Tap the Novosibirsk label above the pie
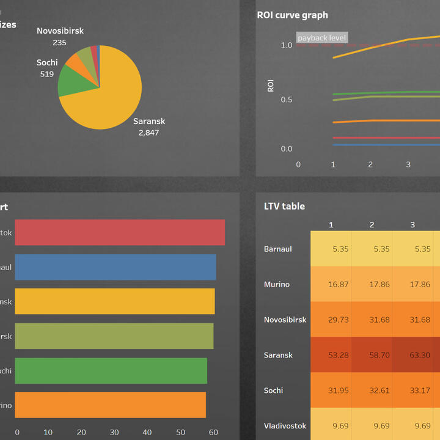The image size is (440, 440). pos(60,31)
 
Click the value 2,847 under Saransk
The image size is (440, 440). pos(148,132)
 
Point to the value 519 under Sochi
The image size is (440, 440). pos(47,74)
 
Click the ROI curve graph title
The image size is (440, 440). pos(292,15)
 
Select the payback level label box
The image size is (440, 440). pos(322,38)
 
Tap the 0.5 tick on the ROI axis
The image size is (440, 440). pos(286,100)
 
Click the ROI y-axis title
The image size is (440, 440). pos(271,86)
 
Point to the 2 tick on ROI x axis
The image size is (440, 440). pos(370,164)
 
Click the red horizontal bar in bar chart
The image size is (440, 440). pos(119,233)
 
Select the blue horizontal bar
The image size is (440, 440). pos(115,267)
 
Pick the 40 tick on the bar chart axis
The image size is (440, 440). pos(147,433)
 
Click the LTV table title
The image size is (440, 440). pos(284,207)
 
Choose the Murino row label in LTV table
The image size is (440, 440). pos(277,284)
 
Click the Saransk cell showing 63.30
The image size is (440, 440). pos(413,355)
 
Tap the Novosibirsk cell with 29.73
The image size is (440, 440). pos(331,320)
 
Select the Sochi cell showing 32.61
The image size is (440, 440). pos(372,391)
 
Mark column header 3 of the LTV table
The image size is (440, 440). pos(413,225)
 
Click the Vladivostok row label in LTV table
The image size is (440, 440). pos(285,425)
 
